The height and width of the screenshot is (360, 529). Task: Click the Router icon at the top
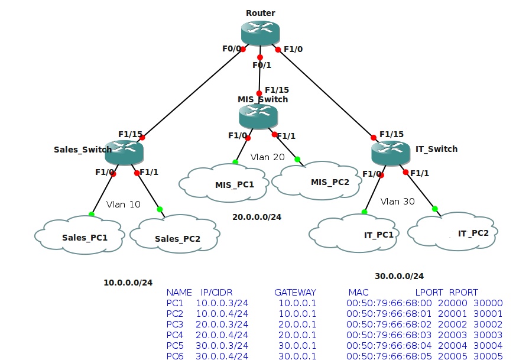pyautogui.click(x=260, y=33)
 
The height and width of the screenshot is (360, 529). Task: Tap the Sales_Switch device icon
pyautogui.click(x=124, y=153)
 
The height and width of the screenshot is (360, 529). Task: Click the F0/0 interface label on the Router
pyautogui.click(x=231, y=49)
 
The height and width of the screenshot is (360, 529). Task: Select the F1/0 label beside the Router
pyautogui.click(x=293, y=49)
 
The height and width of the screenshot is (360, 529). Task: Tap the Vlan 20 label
pyautogui.click(x=267, y=157)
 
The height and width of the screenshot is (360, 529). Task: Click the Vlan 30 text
pyautogui.click(x=397, y=201)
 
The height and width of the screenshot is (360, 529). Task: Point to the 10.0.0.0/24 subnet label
pyautogui.click(x=128, y=283)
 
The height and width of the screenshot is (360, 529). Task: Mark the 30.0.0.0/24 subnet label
pyautogui.click(x=399, y=276)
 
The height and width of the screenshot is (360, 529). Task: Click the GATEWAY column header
pyautogui.click(x=295, y=292)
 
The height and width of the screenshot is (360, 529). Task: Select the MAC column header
pyautogui.click(x=358, y=292)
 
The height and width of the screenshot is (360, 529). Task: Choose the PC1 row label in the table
pyautogui.click(x=176, y=303)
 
